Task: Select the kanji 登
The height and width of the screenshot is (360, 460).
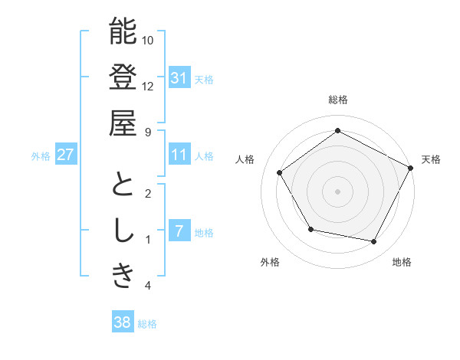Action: [123, 77]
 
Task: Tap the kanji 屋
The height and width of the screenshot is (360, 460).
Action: [123, 123]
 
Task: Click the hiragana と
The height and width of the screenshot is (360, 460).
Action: [123, 185]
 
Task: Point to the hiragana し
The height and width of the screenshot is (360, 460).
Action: [123, 231]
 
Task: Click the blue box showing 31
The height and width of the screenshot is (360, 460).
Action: [179, 77]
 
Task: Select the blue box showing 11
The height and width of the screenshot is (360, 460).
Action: [179, 155]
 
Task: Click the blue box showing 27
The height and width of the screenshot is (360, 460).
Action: [66, 155]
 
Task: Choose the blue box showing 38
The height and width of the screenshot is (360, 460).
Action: [122, 322]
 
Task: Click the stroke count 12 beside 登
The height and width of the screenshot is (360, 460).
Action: [148, 86]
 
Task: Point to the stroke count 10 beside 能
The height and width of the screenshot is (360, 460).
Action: [148, 40]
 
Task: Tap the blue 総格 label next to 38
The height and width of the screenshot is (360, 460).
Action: [147, 324]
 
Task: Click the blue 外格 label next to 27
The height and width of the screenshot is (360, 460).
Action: [41, 156]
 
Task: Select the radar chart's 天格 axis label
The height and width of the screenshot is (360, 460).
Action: [431, 160]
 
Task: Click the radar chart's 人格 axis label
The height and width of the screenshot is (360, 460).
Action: [245, 160]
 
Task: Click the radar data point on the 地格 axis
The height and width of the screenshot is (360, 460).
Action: [373, 242]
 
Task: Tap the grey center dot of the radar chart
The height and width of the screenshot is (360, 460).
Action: [337, 191]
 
